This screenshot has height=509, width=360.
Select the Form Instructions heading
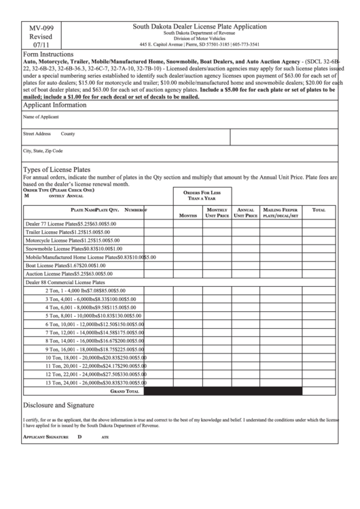tap(48, 52)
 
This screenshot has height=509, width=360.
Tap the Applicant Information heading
tap(55, 105)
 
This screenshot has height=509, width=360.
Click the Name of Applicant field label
tap(41, 117)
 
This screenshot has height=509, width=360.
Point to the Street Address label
tap(37, 134)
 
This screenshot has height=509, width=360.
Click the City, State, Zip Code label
tap(43, 151)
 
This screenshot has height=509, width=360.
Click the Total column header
tap(319, 211)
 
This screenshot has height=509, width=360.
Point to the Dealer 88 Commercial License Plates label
tap(65, 282)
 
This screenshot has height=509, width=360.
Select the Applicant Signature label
tap(45, 436)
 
